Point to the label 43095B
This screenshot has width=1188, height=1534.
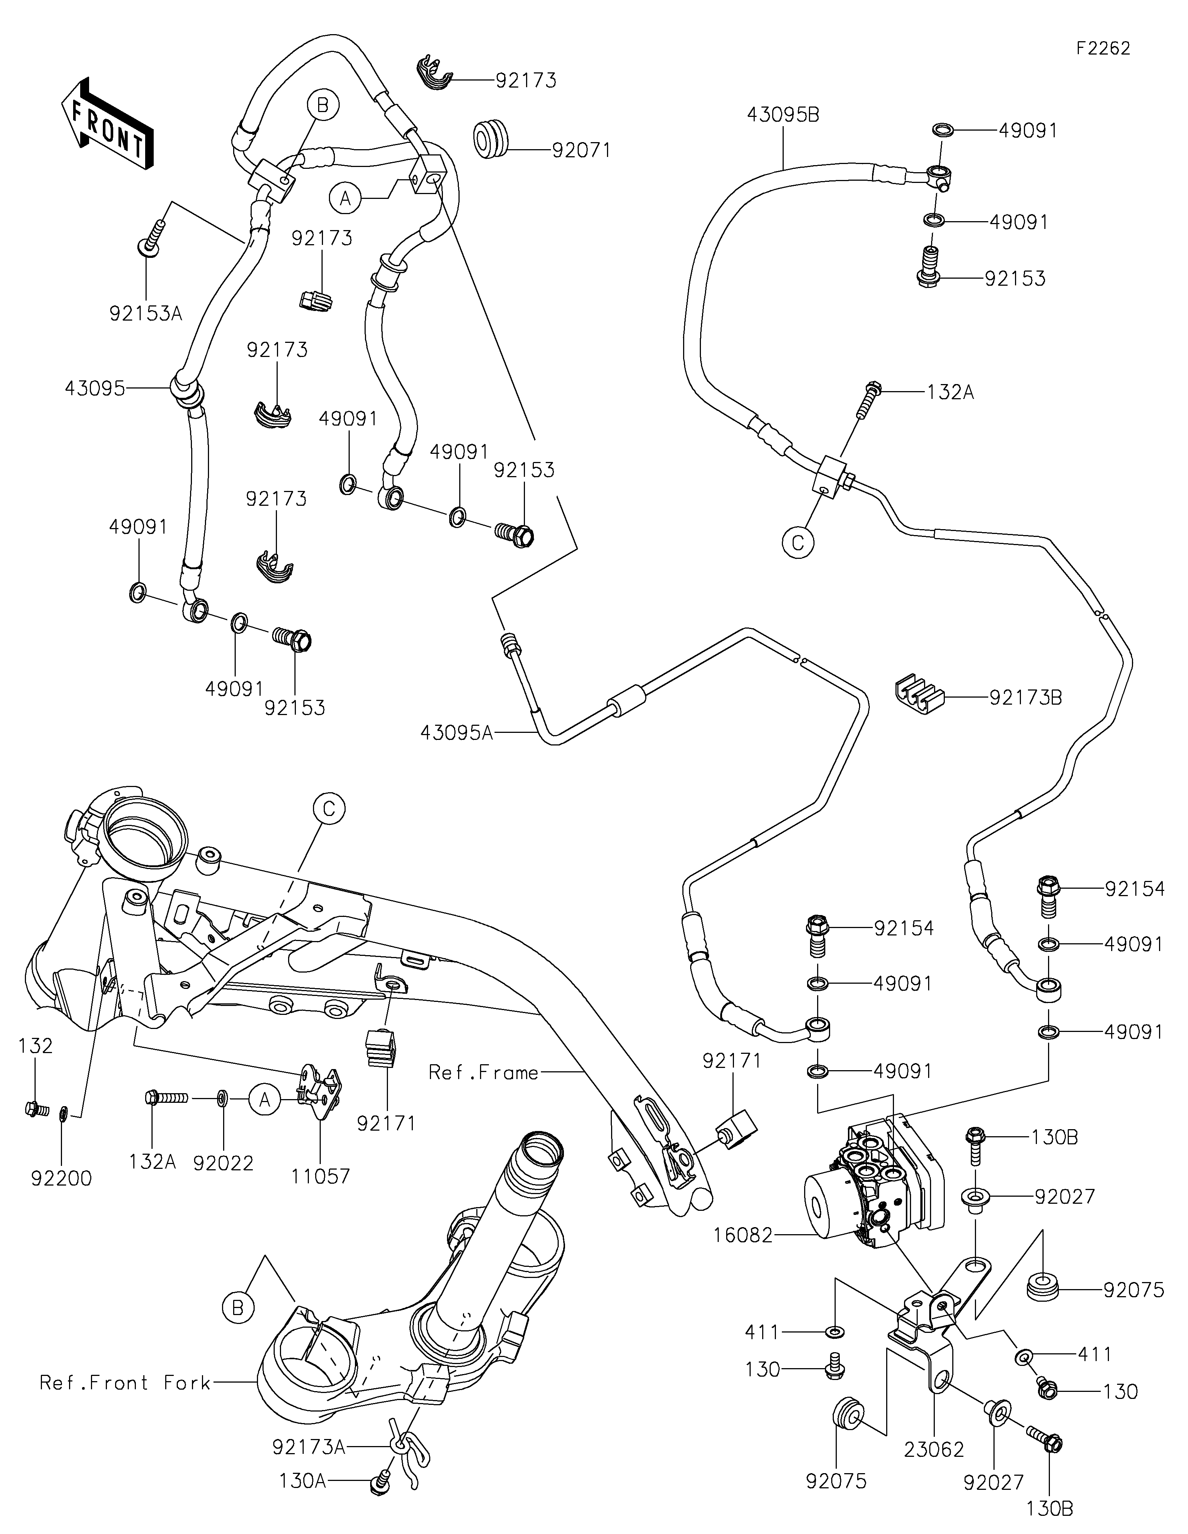coord(783,115)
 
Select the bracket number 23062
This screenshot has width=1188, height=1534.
coord(934,1449)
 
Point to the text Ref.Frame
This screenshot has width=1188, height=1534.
coord(483,1072)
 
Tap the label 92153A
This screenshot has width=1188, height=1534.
coord(146,313)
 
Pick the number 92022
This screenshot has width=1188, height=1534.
coord(223,1163)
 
